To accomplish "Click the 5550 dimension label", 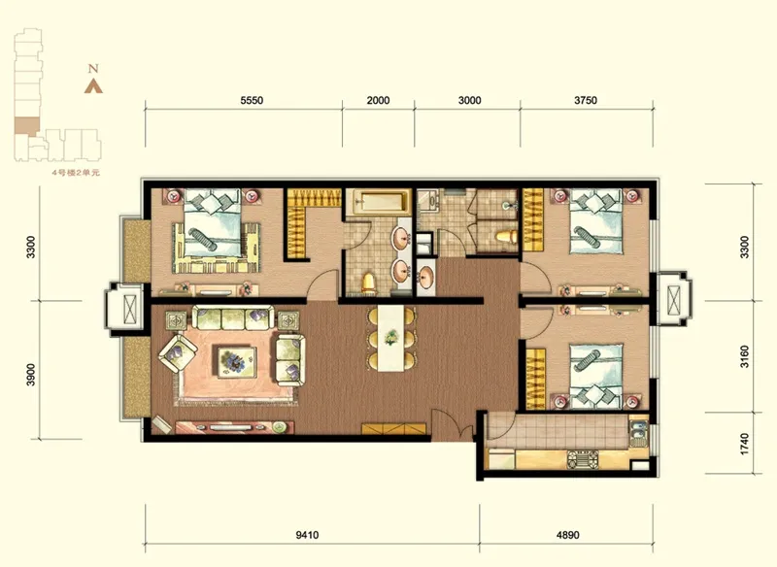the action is [252, 101].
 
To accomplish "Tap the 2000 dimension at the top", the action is [378, 101].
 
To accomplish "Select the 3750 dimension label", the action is [586, 101].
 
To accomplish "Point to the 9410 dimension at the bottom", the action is [307, 535].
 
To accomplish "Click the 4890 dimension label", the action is [568, 535].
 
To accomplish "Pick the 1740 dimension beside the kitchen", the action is [744, 445].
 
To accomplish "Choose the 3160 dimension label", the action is [744, 357].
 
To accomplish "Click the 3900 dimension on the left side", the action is [31, 375].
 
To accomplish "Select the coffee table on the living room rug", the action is [237, 361].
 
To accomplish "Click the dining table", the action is [391, 338].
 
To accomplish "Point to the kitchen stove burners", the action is [584, 459].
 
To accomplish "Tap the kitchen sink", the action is [639, 432].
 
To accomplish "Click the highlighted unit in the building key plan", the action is [27, 126].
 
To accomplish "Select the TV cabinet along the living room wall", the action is [234, 427].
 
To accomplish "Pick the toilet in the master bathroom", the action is [369, 283].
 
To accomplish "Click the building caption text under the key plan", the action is [77, 173].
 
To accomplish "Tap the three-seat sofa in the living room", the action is [233, 317].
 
